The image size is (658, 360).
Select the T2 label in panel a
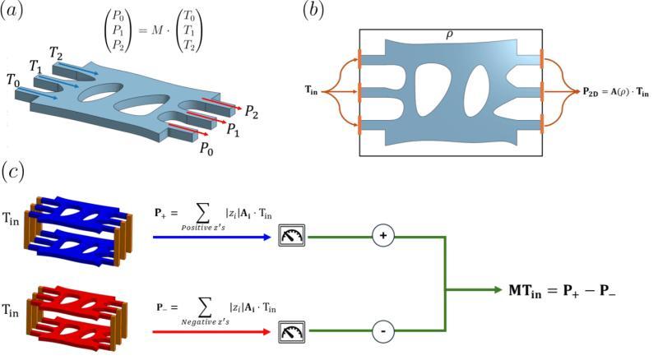coord(56,53)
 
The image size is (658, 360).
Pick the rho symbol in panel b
coord(449,36)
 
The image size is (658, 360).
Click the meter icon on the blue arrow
coord(292,237)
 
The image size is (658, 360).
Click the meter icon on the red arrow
coord(292,332)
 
